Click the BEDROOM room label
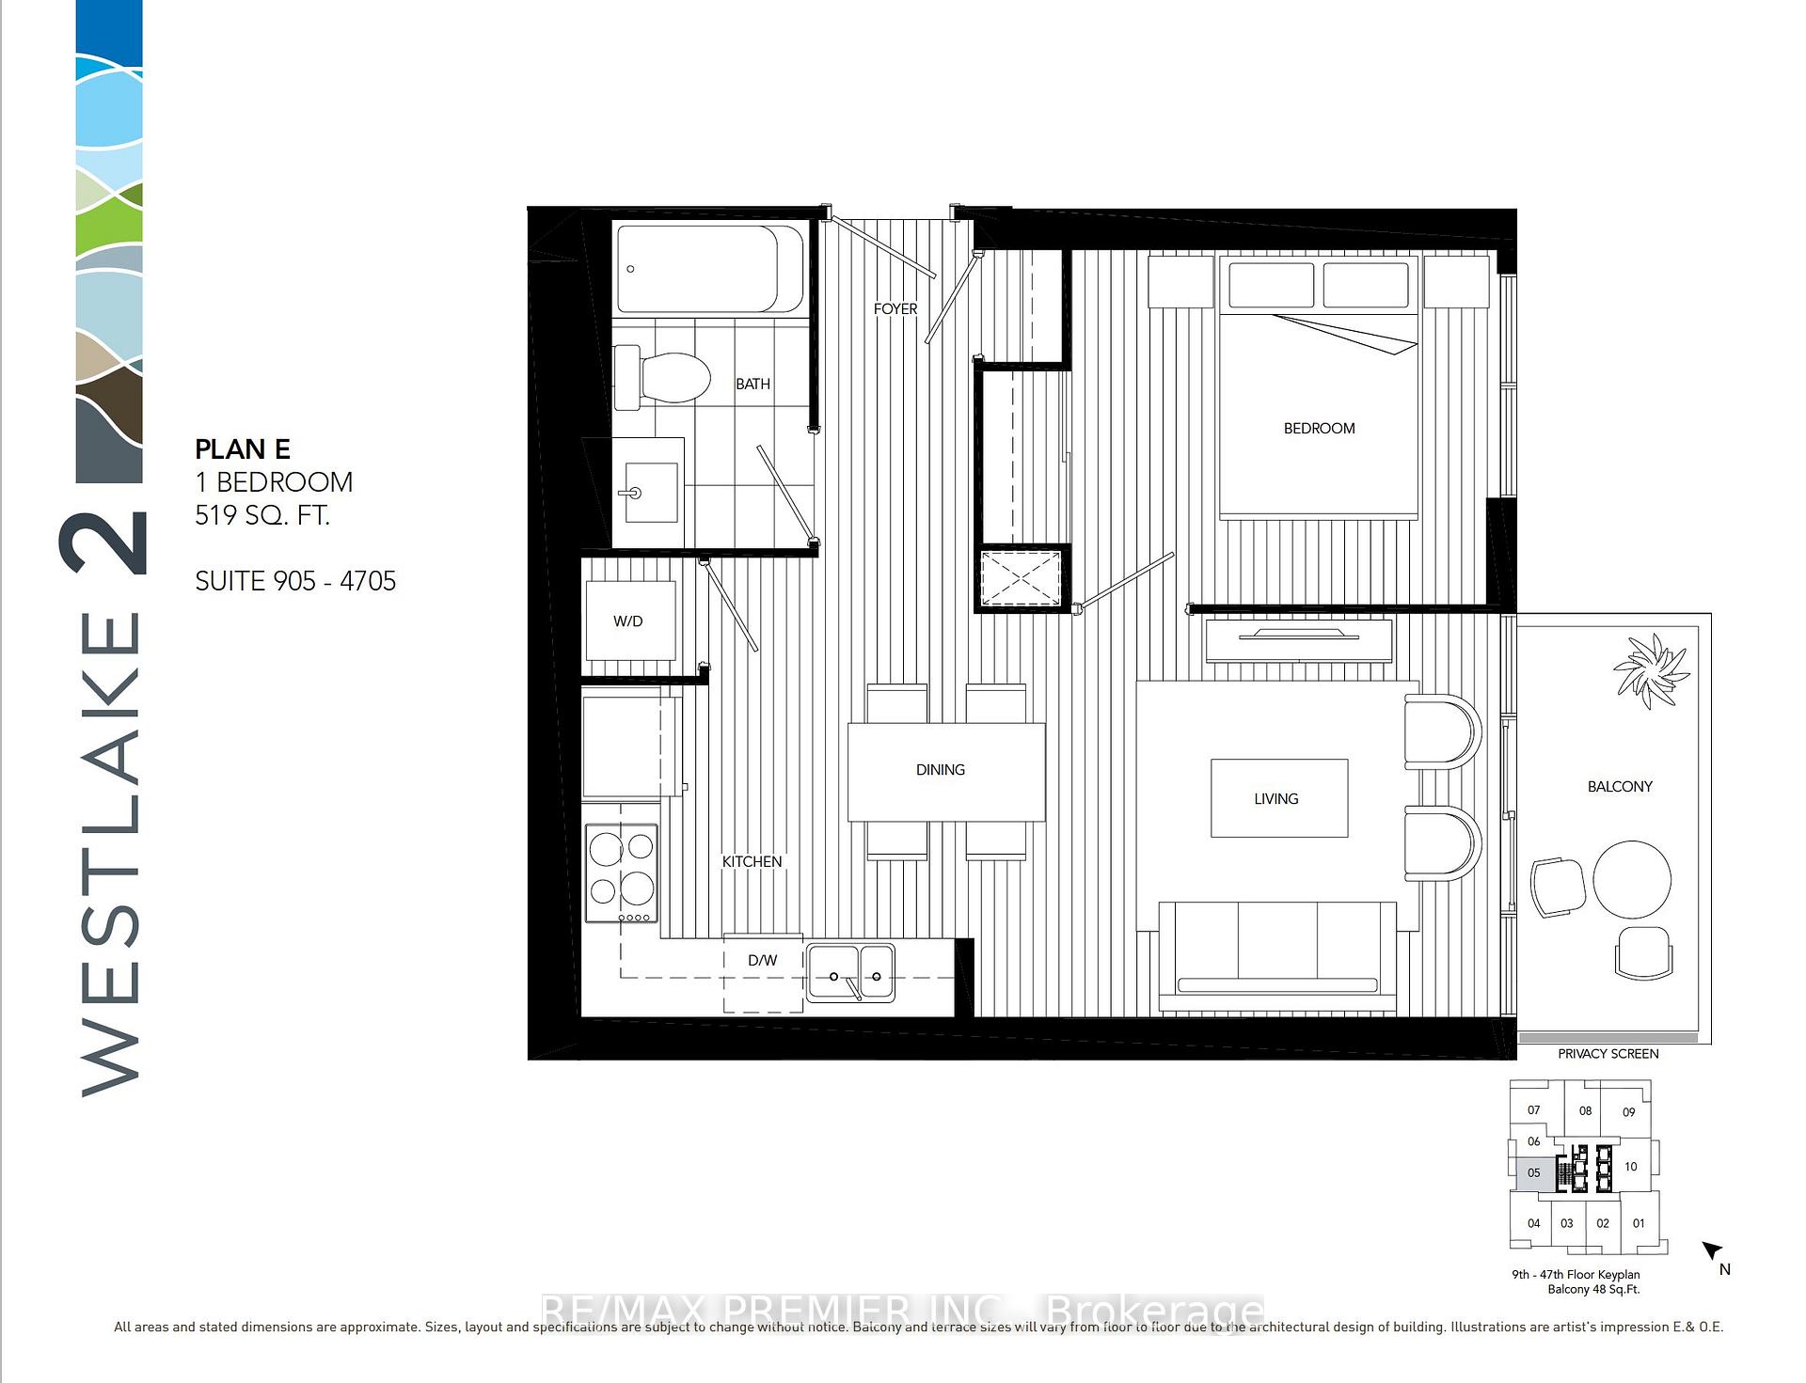click(x=1319, y=428)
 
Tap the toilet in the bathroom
click(x=663, y=377)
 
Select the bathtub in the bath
click(x=710, y=268)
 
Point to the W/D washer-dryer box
click(x=629, y=621)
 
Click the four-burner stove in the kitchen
click(x=622, y=873)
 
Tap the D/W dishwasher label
click(x=762, y=960)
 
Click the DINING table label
click(x=941, y=769)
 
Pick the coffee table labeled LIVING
click(x=1277, y=798)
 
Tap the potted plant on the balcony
click(x=1651, y=668)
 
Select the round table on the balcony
click(x=1632, y=879)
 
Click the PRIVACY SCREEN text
click(x=1608, y=1054)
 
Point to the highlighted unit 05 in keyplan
click(x=1533, y=1173)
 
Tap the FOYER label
click(x=895, y=308)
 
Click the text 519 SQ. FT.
click(x=262, y=515)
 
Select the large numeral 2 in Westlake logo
click(x=106, y=542)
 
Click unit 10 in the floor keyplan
click(x=1631, y=1167)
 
